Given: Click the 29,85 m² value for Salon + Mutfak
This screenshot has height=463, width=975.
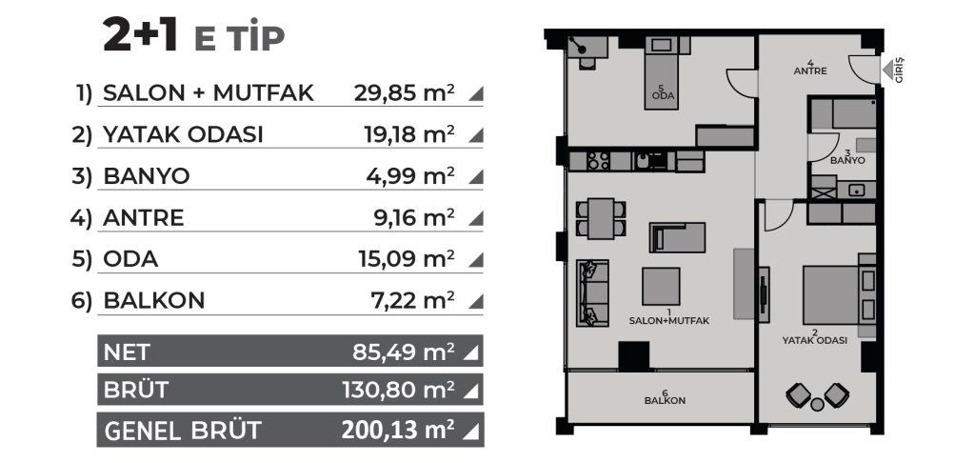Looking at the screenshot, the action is [x=404, y=93].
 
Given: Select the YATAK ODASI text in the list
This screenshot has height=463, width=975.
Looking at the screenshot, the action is [x=183, y=134].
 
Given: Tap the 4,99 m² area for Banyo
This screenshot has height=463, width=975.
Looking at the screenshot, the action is [x=410, y=176].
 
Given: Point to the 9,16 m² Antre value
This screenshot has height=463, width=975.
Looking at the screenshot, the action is [x=410, y=218].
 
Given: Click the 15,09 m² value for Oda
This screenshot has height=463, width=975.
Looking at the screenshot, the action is [x=407, y=259].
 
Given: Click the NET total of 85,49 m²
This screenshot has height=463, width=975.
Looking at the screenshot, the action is [x=404, y=352].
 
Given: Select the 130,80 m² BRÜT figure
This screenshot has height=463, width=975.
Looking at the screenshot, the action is [x=398, y=391].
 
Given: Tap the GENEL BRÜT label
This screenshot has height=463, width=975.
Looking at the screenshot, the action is [x=182, y=431].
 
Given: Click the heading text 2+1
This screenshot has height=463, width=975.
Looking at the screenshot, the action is [x=141, y=36].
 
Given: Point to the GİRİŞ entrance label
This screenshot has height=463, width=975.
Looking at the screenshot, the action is [x=900, y=70].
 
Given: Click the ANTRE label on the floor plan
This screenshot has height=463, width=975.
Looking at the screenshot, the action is [x=810, y=70].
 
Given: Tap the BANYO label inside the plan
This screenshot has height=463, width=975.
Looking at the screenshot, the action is [x=847, y=160].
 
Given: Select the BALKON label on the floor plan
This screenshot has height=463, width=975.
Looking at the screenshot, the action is [x=665, y=401].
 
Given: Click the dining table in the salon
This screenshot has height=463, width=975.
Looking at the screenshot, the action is [x=601, y=218].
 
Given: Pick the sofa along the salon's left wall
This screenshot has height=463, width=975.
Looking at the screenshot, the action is [x=592, y=292].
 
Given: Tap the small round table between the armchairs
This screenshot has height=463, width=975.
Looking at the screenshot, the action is [x=818, y=405].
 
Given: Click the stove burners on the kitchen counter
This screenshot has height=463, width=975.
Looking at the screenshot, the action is [x=598, y=161].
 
